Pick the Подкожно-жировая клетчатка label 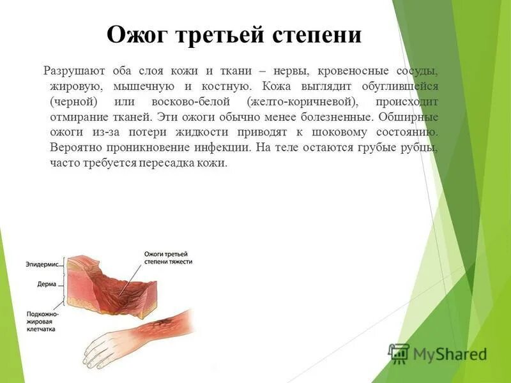tap(43, 322)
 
